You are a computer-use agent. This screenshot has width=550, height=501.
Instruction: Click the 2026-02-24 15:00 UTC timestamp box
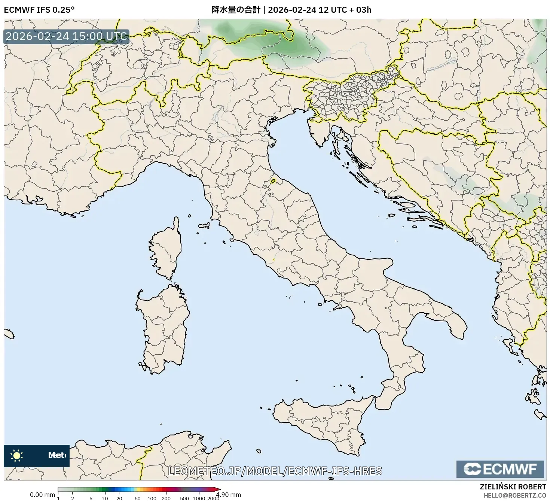(66, 36)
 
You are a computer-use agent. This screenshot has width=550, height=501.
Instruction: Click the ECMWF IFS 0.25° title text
(39, 10)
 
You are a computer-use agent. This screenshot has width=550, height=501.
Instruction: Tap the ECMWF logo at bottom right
(500, 469)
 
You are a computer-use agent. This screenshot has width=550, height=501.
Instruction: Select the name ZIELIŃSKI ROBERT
(513, 487)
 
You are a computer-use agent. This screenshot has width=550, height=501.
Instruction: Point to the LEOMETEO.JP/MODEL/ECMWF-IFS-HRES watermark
(275, 471)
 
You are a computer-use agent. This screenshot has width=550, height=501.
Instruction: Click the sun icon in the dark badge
(16, 455)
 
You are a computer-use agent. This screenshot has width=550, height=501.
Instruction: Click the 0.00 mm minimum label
(42, 495)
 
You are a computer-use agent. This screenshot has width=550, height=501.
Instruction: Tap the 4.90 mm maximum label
(229, 495)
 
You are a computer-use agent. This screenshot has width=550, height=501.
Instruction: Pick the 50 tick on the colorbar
(137, 498)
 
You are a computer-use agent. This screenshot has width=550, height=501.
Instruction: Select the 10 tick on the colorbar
(105, 498)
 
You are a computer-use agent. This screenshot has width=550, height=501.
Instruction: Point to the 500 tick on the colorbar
(184, 498)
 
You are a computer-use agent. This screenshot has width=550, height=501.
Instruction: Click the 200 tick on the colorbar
(166, 498)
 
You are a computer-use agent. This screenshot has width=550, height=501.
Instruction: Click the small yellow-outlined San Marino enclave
(273, 181)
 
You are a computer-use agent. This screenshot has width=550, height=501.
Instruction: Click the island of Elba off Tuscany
(204, 226)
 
